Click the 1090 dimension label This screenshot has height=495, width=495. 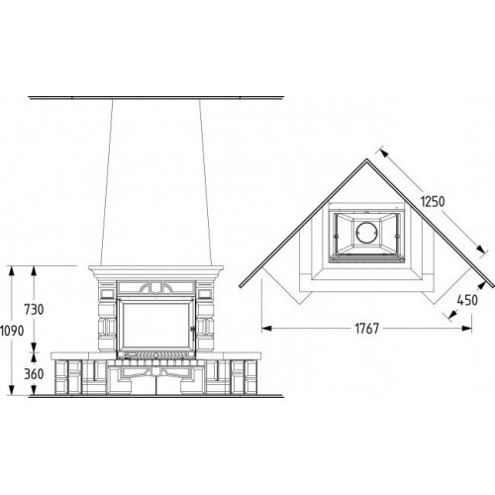point(12,331)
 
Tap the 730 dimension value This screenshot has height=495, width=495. point(34,310)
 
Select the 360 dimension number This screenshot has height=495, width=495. point(34,374)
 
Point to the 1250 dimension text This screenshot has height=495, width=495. point(433,201)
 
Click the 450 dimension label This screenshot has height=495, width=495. point(467,300)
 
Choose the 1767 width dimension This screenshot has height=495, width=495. point(367,329)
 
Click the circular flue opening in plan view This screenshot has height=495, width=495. point(366,232)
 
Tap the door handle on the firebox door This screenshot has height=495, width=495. point(193,331)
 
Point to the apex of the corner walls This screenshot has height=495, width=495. point(367,159)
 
